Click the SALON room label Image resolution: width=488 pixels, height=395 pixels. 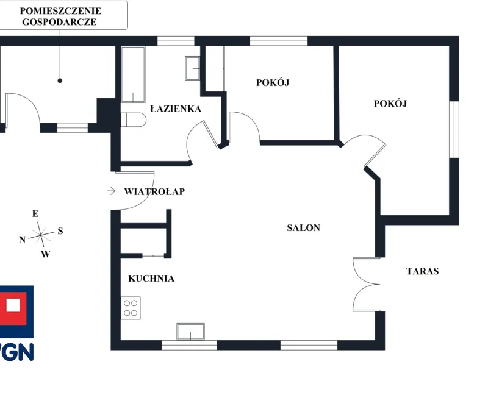303,227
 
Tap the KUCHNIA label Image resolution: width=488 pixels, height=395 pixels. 151,278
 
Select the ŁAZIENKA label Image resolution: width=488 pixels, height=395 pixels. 176,109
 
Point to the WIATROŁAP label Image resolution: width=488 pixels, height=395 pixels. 154,191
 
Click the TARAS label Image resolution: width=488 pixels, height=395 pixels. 423,271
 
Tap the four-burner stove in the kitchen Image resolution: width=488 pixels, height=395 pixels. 131,308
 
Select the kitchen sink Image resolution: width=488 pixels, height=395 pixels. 191,332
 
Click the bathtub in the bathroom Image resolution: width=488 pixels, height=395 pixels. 133,74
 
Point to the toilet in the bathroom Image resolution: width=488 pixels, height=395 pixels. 133,119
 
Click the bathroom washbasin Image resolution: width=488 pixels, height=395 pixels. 193,68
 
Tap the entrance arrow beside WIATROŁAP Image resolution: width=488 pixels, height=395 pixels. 111,191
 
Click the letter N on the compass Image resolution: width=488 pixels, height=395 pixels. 22,240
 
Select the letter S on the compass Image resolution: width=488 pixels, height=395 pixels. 60,231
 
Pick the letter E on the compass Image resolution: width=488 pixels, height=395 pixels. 35,214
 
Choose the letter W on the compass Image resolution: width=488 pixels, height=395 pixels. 45,254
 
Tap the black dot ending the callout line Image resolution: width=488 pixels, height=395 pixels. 60,80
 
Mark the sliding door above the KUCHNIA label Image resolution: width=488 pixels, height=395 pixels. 154,255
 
